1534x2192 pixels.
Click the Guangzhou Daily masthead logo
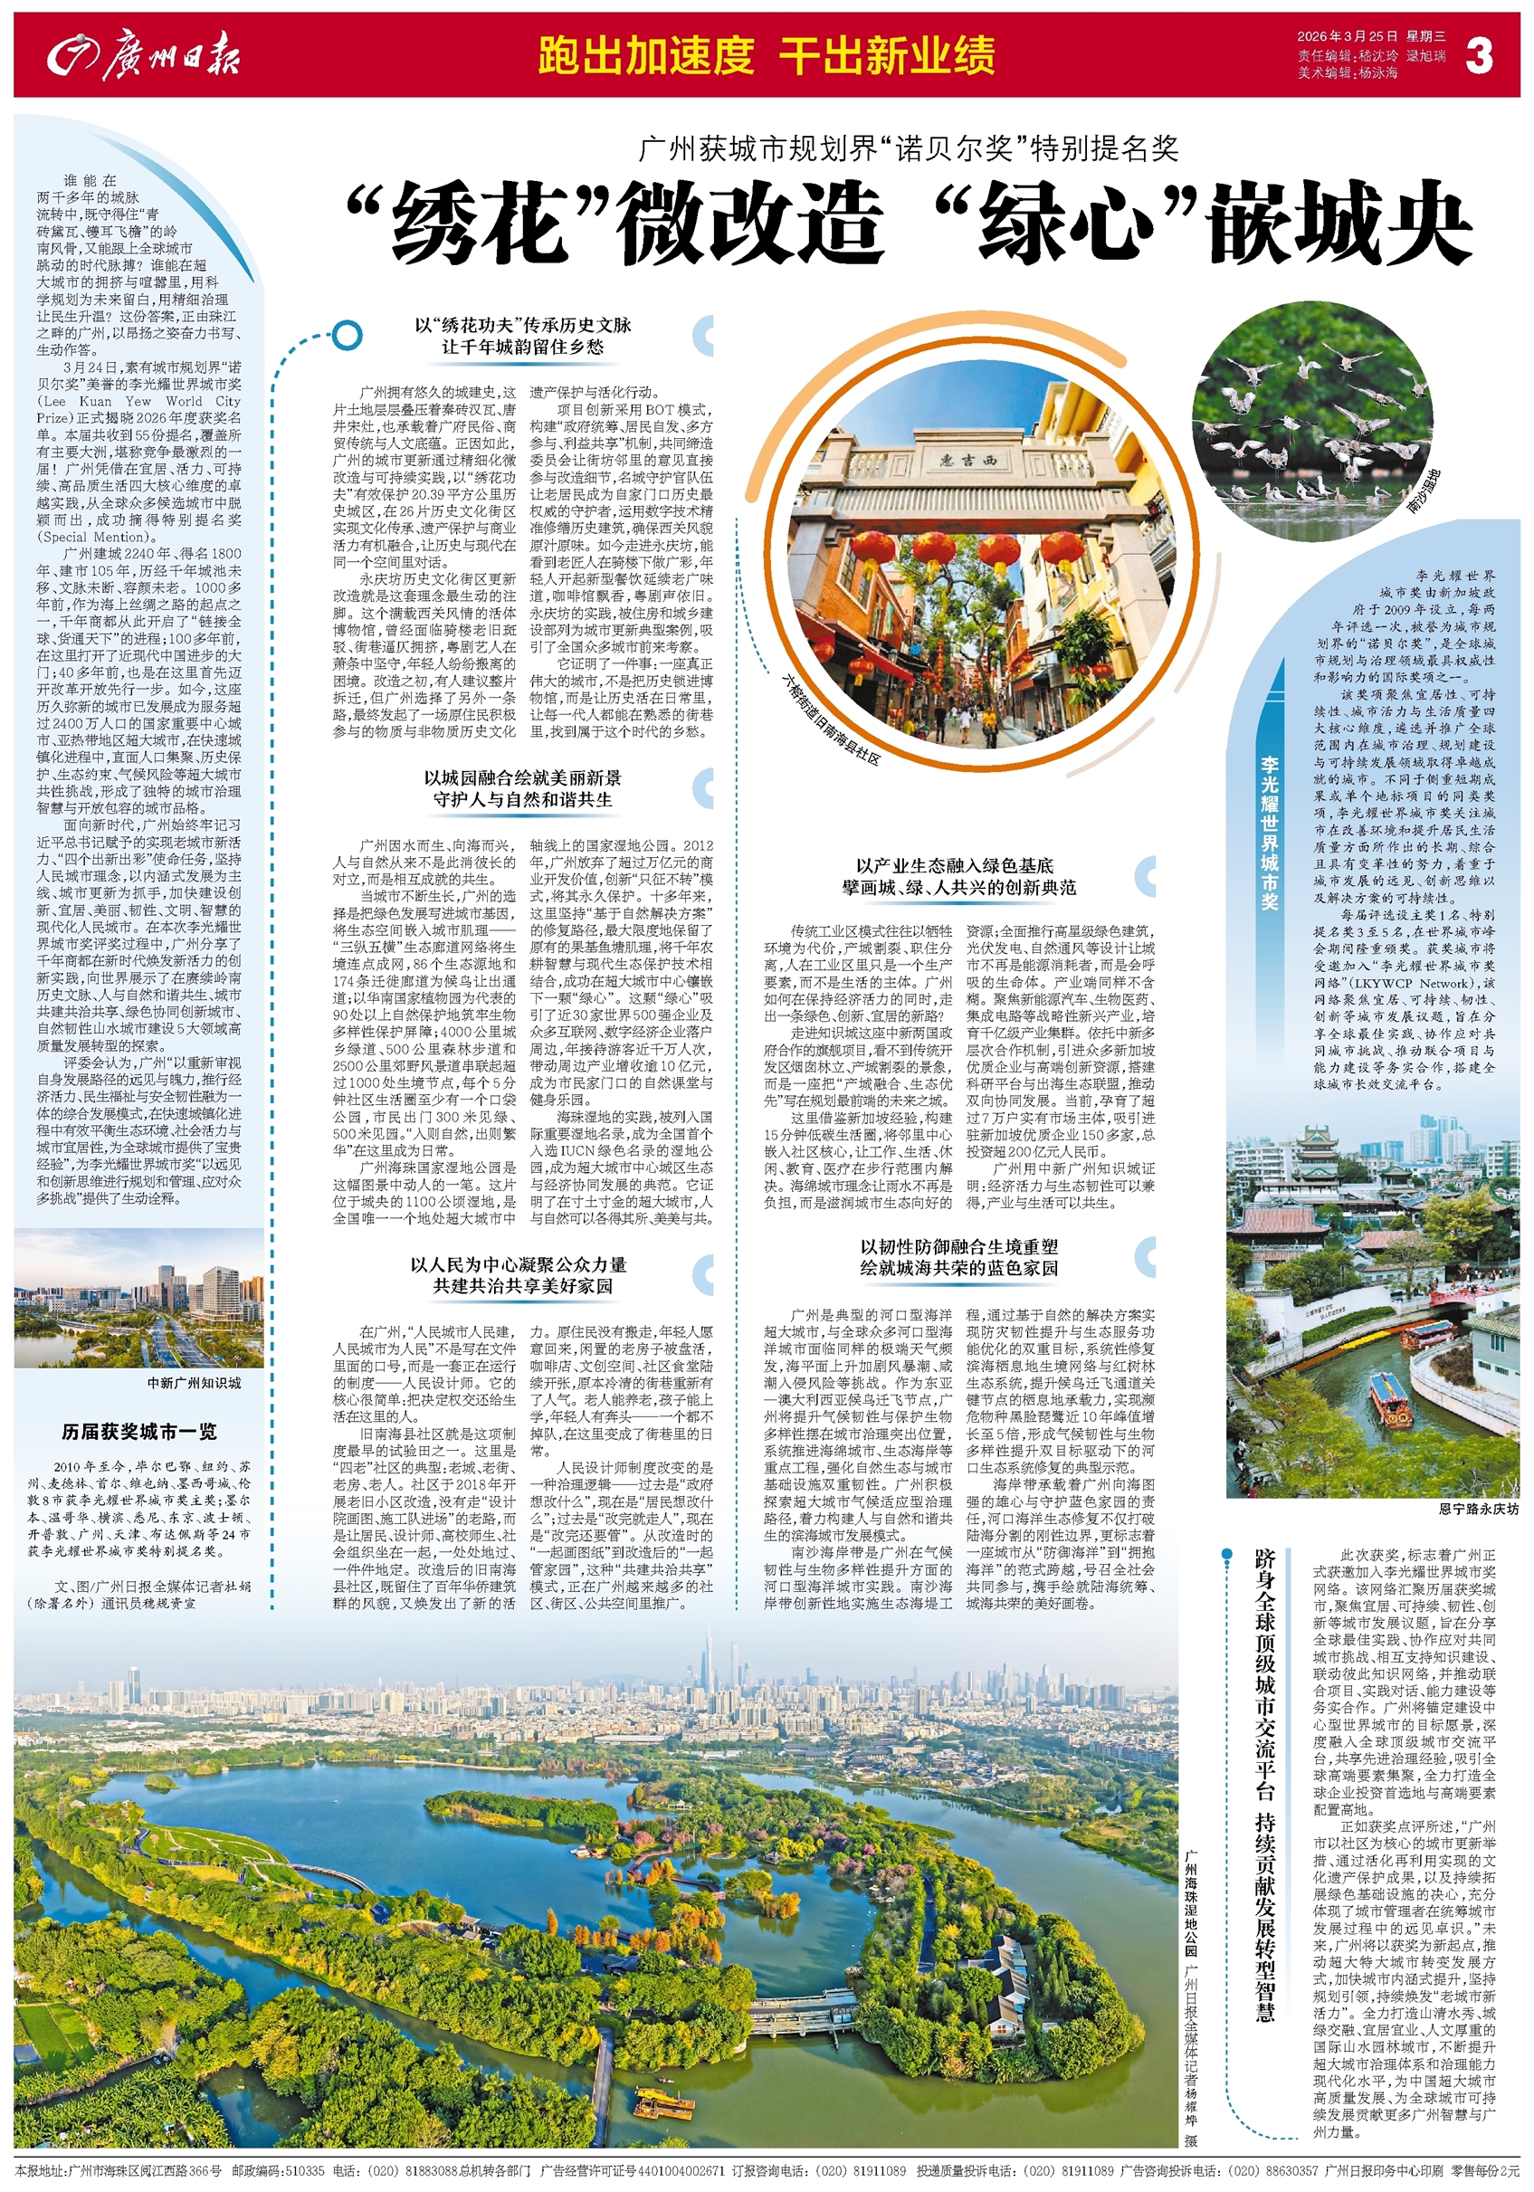143,55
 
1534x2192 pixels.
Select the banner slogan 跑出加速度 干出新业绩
766,55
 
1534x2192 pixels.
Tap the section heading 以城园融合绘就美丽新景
522,777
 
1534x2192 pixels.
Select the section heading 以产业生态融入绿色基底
956,865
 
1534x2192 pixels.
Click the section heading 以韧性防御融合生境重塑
958,1247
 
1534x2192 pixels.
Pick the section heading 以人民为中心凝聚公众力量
519,1264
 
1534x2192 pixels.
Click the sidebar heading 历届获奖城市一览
139,1431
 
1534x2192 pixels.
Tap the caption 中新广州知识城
194,1382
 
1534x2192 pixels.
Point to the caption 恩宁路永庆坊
1478,1510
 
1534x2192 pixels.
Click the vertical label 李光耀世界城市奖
1270,832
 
